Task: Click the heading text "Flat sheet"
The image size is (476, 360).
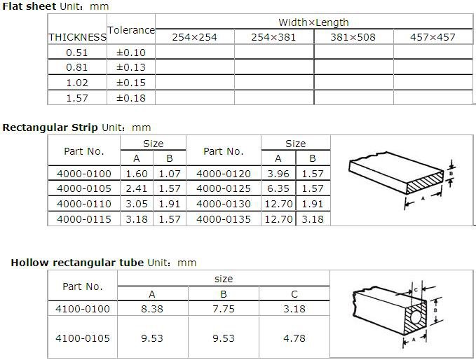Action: pyautogui.click(x=29, y=6)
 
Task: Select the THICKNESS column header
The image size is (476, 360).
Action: pyautogui.click(x=77, y=37)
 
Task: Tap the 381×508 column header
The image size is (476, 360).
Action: pyautogui.click(x=353, y=37)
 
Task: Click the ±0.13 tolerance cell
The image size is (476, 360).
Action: pyautogui.click(x=131, y=67)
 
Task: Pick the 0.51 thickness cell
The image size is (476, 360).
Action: pyautogui.click(x=77, y=53)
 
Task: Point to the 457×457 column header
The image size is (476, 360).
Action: pyautogui.click(x=433, y=37)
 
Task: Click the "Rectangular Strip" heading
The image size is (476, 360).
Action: pyautogui.click(x=50, y=127)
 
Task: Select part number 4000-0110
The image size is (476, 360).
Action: pyautogui.click(x=84, y=204)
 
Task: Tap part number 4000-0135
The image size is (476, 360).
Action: pyautogui.click(x=224, y=219)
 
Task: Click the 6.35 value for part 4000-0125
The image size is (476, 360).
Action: pyautogui.click(x=278, y=188)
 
